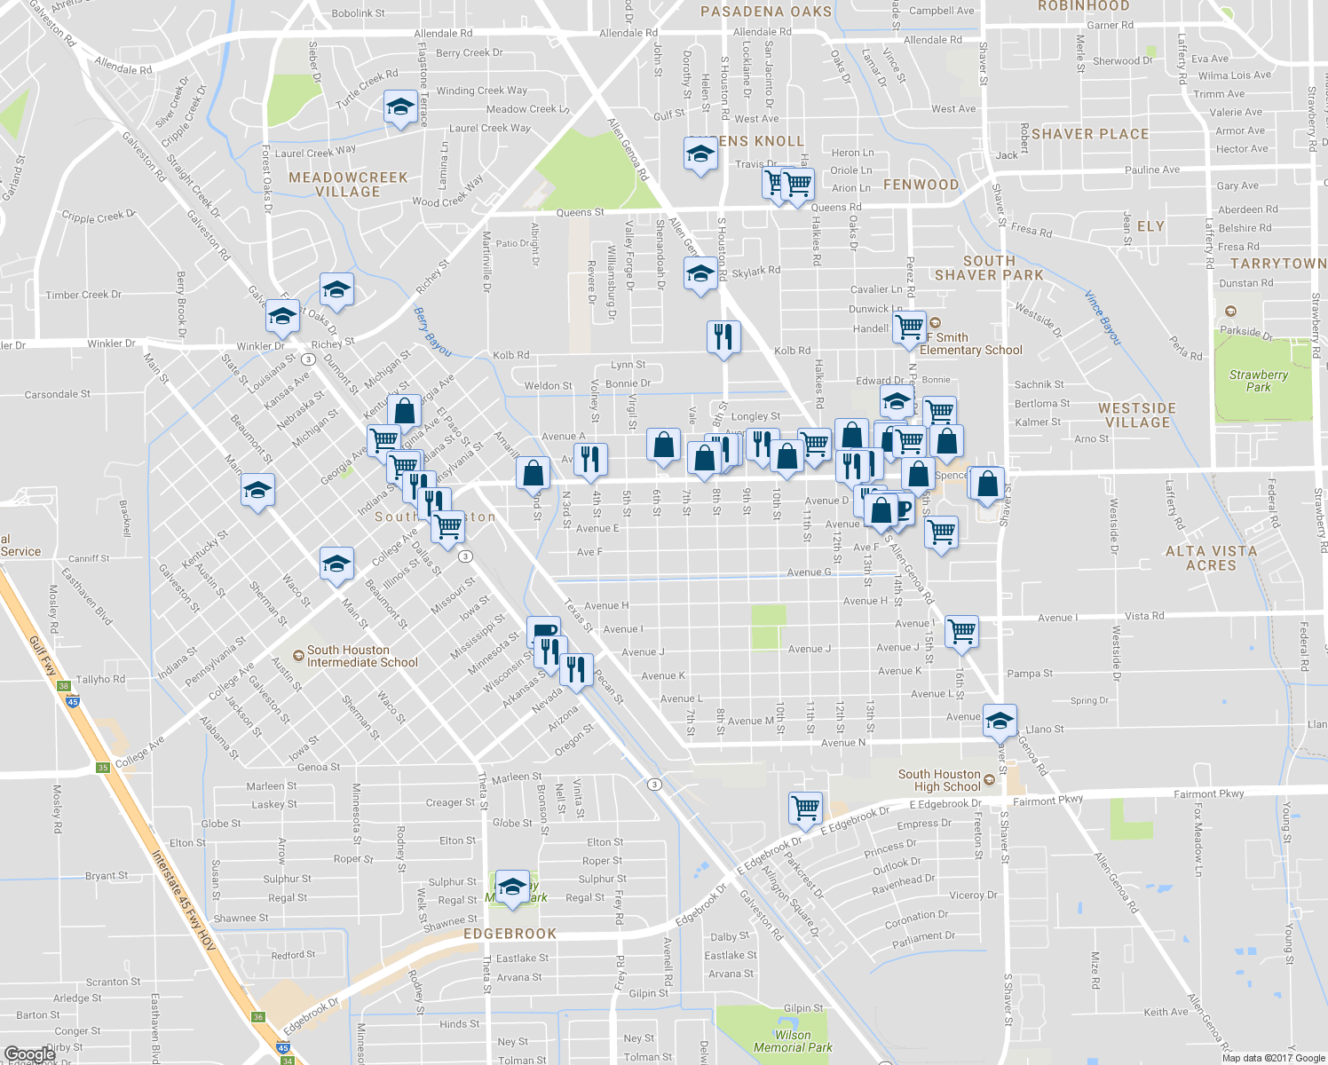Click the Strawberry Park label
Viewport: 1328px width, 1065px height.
point(1258,381)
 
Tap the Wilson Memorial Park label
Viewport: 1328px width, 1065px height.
point(793,1041)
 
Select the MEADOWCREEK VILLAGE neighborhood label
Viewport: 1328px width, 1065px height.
point(348,185)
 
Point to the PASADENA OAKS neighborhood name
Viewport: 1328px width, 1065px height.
point(766,12)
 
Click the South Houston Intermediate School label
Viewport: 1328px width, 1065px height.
point(362,656)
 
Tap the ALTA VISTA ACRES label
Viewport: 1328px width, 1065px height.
point(1211,558)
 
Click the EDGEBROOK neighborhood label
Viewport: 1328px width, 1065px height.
point(510,934)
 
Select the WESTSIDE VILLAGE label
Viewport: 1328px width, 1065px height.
point(1137,415)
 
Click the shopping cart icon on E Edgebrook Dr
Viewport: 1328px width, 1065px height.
point(804,808)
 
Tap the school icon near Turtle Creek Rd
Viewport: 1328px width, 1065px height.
point(400,107)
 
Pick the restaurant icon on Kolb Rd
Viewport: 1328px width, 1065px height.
point(724,336)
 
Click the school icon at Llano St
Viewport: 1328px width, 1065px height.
point(1000,720)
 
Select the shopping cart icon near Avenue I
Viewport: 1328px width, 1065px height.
point(961,631)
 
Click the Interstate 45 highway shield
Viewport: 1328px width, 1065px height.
point(73,701)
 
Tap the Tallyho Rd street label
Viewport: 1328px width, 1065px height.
point(100,679)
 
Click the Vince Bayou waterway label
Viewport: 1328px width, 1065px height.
point(1103,317)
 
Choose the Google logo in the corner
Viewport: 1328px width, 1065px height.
point(30,1054)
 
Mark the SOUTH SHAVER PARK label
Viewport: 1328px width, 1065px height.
point(989,268)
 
